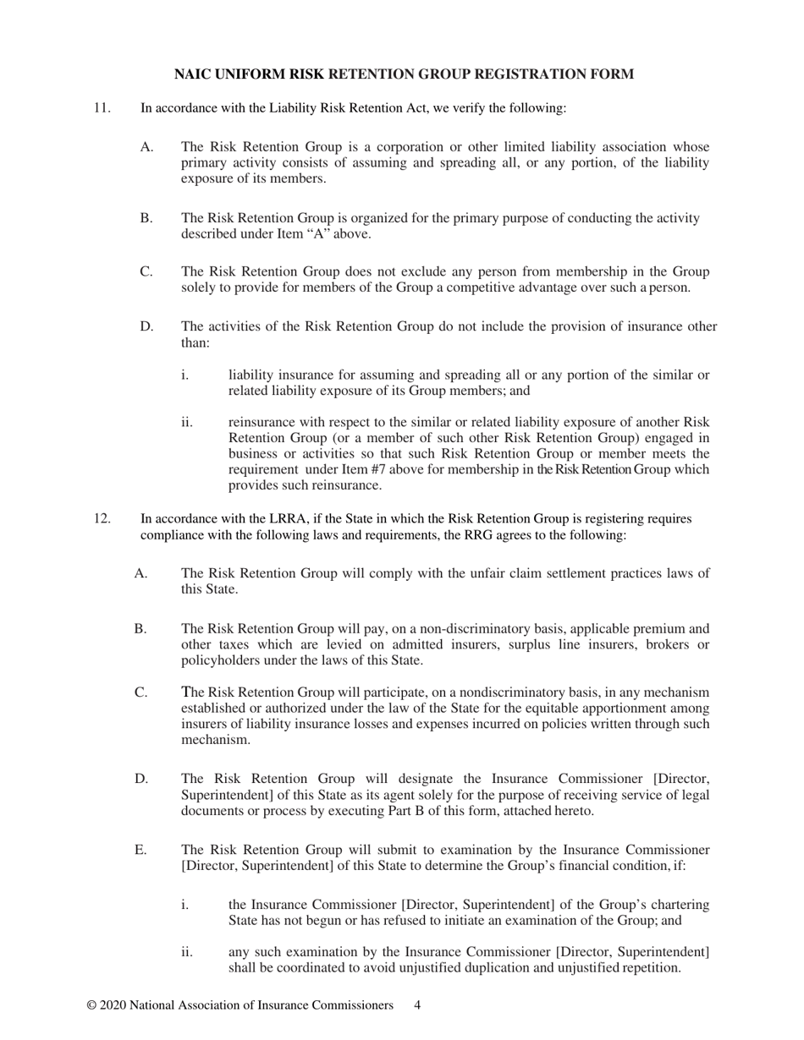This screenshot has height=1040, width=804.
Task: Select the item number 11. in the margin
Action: pos(102,107)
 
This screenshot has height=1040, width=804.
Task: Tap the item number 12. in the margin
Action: pos(102,518)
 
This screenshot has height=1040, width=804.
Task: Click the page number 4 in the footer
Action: pos(417,1005)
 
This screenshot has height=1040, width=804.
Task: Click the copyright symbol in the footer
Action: pos(91,1005)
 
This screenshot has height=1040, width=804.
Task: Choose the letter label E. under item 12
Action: pos(140,850)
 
